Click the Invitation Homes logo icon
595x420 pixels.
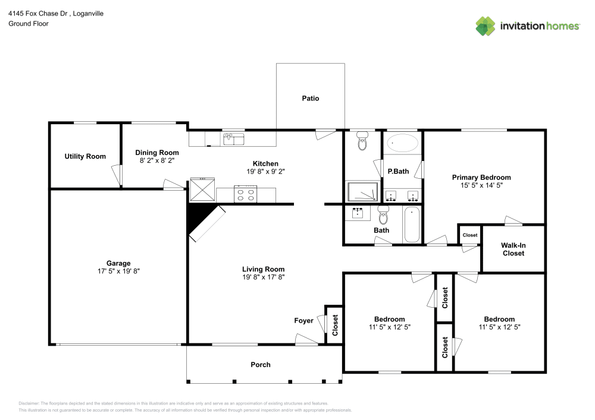(486, 26)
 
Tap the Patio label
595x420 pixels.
(310, 98)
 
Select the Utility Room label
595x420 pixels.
(85, 156)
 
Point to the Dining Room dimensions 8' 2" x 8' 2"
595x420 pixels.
(157, 160)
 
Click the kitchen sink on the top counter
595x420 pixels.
(234, 140)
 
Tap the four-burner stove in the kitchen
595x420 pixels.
(246, 194)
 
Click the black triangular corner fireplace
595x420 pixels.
(197, 217)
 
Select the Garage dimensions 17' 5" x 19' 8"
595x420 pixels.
(118, 271)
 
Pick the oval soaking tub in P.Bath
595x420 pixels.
(402, 143)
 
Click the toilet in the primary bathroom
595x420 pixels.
(363, 142)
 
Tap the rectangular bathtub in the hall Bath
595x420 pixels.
(412, 225)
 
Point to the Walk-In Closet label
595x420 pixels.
(513, 249)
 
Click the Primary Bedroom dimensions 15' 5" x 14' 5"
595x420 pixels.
(481, 185)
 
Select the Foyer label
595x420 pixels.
(303, 321)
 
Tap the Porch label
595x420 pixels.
(261, 364)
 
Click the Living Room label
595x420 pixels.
(263, 269)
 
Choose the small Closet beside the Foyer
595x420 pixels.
(334, 324)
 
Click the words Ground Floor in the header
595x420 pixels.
(29, 24)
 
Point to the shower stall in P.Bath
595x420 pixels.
(362, 192)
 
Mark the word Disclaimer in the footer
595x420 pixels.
(29, 403)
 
